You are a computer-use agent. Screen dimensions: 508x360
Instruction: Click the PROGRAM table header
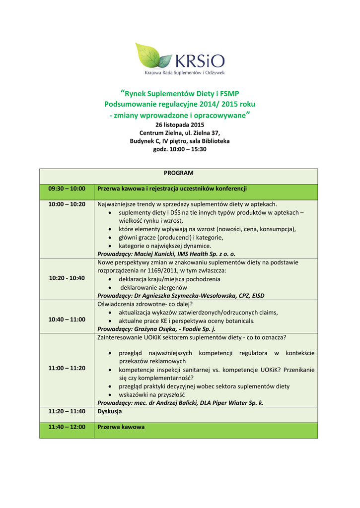[179, 173]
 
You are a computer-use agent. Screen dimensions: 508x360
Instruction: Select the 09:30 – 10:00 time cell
[67, 189]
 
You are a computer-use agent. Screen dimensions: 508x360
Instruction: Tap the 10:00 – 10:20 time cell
[67, 204]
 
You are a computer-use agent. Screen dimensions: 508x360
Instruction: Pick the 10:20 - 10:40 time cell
[67, 278]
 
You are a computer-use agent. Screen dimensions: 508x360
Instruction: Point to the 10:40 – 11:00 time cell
[67, 319]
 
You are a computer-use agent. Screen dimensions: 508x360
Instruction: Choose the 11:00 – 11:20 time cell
[67, 368]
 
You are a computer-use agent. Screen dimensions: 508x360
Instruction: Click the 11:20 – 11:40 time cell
[67, 411]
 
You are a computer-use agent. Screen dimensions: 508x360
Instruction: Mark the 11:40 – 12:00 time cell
[67, 427]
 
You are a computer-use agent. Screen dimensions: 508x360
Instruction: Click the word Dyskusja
[109, 411]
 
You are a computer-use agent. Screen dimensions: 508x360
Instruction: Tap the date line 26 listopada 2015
[180, 125]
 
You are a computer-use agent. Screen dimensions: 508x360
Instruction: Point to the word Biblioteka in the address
[215, 141]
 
